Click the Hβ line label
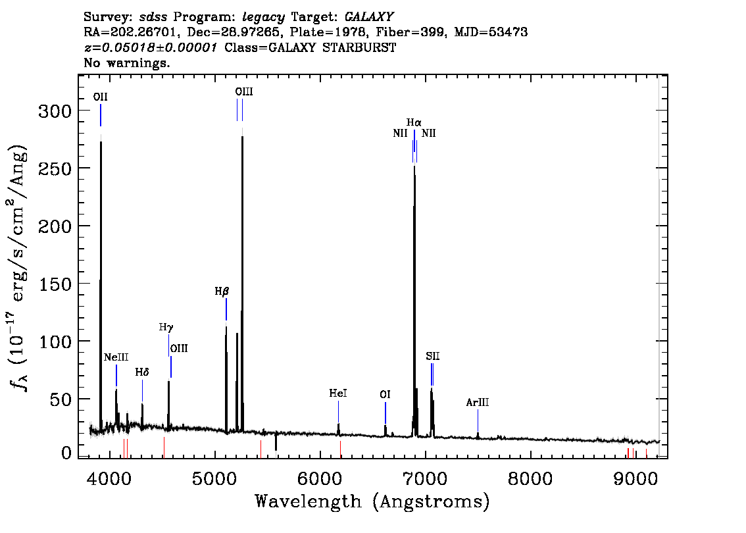pos(222,292)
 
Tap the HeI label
pos(337,393)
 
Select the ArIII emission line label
pos(477,403)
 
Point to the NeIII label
pos(116,357)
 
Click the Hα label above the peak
pos(414,123)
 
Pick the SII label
pos(432,356)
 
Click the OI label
pos(385,395)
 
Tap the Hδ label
pos(142,372)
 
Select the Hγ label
pos(166,328)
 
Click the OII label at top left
pos(101,97)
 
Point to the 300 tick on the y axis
pos(55,111)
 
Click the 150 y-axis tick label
pos(55,284)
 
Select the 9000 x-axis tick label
pos(635,478)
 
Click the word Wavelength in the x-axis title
pos(308,501)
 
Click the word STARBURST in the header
pos(359,47)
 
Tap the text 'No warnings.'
pos(126,63)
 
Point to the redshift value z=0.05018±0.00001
pos(151,47)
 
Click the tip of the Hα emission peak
pos(414,166)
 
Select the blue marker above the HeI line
pos(338,412)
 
